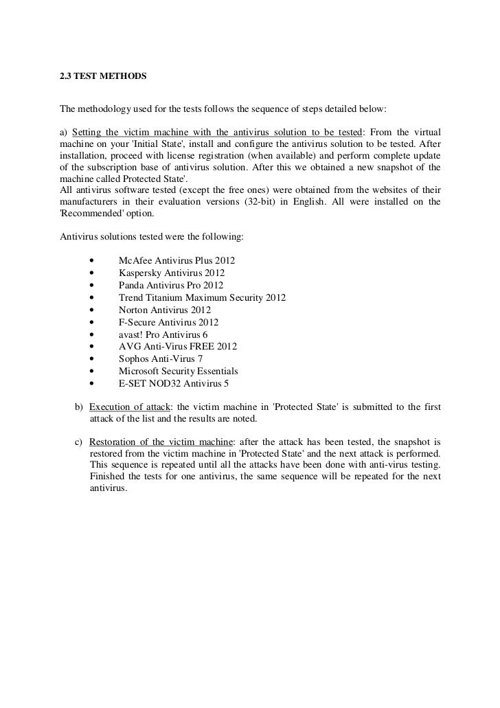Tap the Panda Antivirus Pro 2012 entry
coord(170,286)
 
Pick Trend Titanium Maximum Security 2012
coord(202,298)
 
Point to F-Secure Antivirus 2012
coord(168,323)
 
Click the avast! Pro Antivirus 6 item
coord(163,335)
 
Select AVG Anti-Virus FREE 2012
coord(177,347)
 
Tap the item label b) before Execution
coord(78,405)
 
